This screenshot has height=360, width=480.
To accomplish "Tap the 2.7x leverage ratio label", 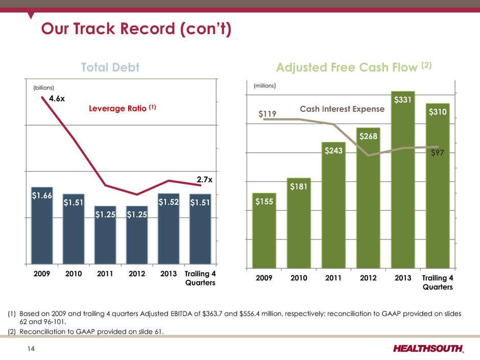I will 205,179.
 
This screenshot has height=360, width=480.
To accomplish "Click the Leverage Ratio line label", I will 117,109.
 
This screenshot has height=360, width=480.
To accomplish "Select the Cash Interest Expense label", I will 342,108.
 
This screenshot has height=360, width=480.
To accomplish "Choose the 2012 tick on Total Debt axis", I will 136,273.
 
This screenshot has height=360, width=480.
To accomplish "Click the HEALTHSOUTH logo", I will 428,349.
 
